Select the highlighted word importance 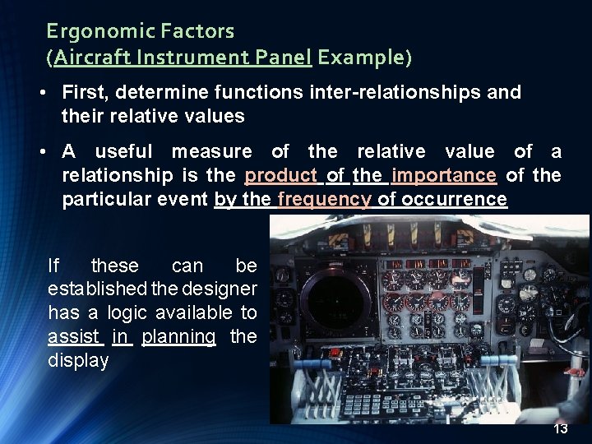pos(444,176)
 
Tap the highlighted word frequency pos(325,200)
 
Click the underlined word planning pos(178,337)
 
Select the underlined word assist pos(74,337)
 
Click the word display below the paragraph pos(78,361)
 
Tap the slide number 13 pos(561,429)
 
